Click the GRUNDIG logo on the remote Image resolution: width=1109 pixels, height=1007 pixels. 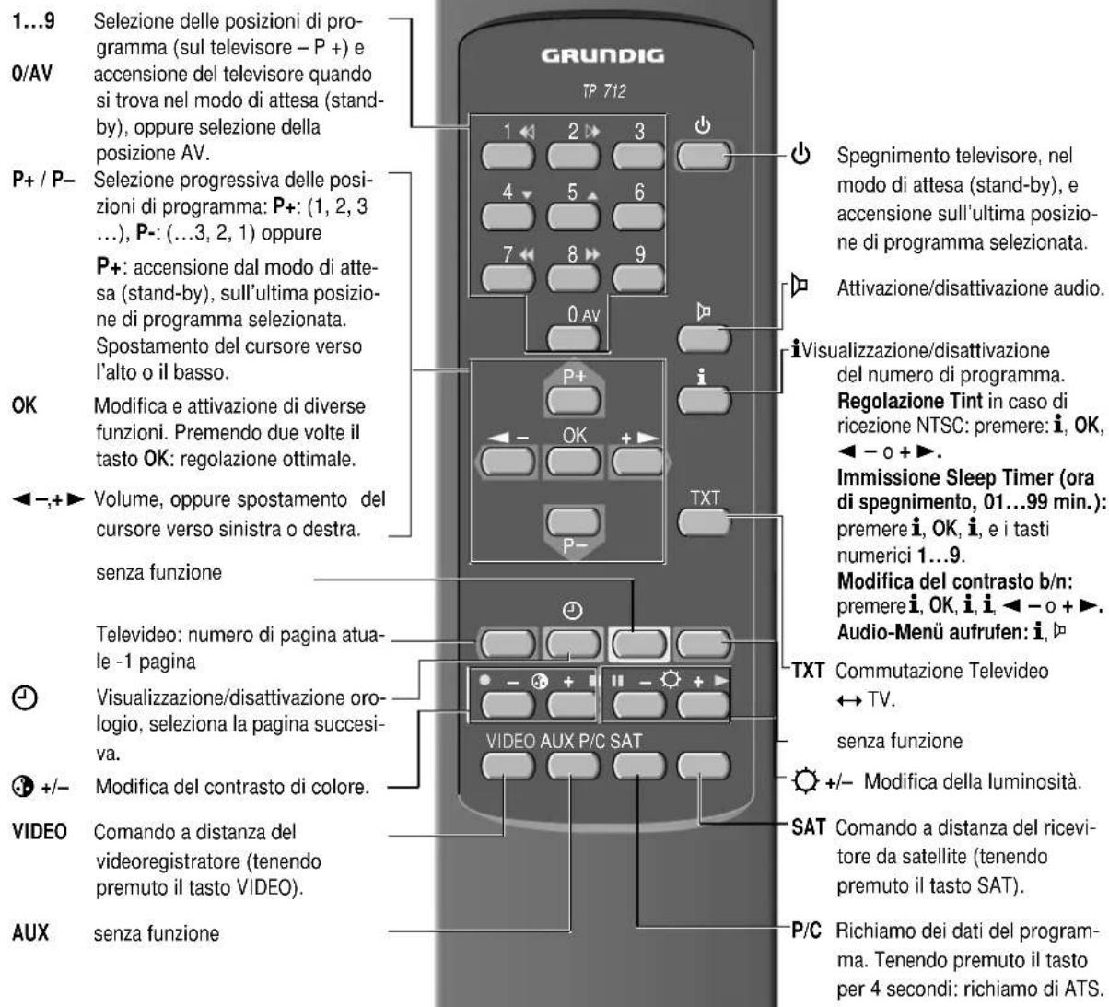[x=602, y=55]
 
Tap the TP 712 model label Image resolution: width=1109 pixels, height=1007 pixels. [x=603, y=90]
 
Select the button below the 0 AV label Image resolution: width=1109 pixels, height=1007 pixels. [x=573, y=337]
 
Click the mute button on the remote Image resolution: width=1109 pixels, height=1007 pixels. [x=704, y=339]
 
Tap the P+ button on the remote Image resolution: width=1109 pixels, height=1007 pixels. [x=573, y=399]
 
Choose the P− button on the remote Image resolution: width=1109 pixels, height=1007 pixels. [x=573, y=521]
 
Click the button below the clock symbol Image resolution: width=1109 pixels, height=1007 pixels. [x=573, y=643]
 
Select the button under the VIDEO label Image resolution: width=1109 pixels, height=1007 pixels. [x=508, y=766]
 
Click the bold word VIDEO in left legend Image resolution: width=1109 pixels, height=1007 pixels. [x=40, y=831]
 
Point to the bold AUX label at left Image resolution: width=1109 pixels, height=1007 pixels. [x=30, y=932]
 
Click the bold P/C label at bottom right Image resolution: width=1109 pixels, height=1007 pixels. [x=807, y=931]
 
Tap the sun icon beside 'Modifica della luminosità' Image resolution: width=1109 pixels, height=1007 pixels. [x=804, y=781]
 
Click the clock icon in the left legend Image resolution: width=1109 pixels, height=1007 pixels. [x=24, y=697]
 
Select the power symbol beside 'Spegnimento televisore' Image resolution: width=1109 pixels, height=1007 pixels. [x=800, y=154]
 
